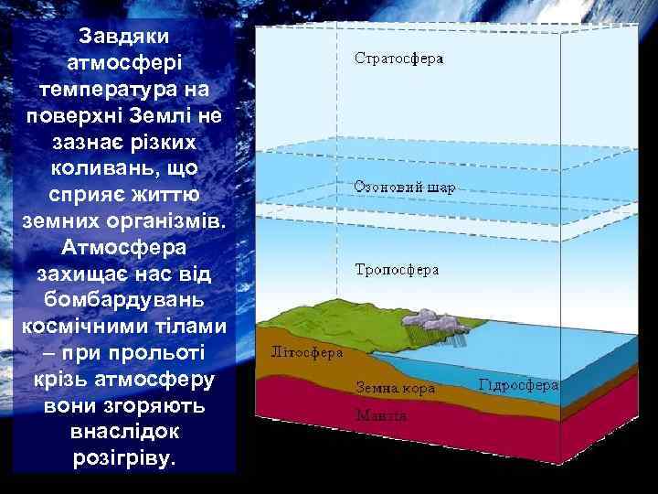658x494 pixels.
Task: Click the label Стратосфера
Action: [398, 59]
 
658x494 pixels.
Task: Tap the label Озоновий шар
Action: [405, 186]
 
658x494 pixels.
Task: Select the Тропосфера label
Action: [397, 270]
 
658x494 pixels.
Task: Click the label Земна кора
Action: [396, 387]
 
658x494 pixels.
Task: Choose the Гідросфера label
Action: [518, 385]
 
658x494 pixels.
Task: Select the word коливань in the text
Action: [97, 171]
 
